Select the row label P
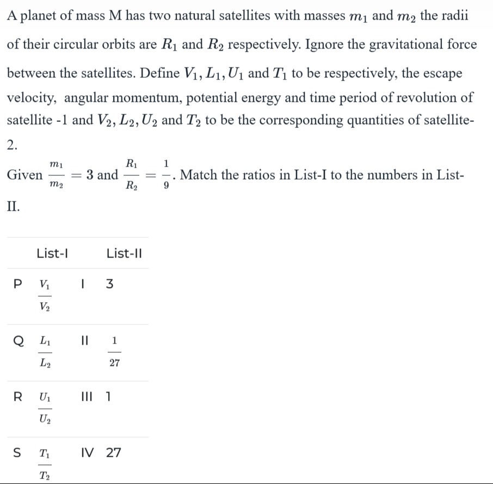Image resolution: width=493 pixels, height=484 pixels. pyautogui.click(x=19, y=284)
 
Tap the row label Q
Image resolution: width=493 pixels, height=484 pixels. pyautogui.click(x=18, y=341)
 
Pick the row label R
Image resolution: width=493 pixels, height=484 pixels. pyautogui.click(x=18, y=397)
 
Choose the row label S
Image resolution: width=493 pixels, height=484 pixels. pyautogui.click(x=18, y=453)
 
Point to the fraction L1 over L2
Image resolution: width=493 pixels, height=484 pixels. pyautogui.click(x=45, y=352)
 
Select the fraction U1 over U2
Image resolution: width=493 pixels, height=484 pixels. pyautogui.click(x=45, y=408)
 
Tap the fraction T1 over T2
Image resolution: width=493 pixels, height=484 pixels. pyautogui.click(x=45, y=464)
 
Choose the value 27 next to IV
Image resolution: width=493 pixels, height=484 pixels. pyautogui.click(x=114, y=453)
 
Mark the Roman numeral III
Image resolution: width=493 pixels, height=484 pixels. pyautogui.click(x=88, y=397)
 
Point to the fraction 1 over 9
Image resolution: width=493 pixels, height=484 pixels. pyautogui.click(x=167, y=175)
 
